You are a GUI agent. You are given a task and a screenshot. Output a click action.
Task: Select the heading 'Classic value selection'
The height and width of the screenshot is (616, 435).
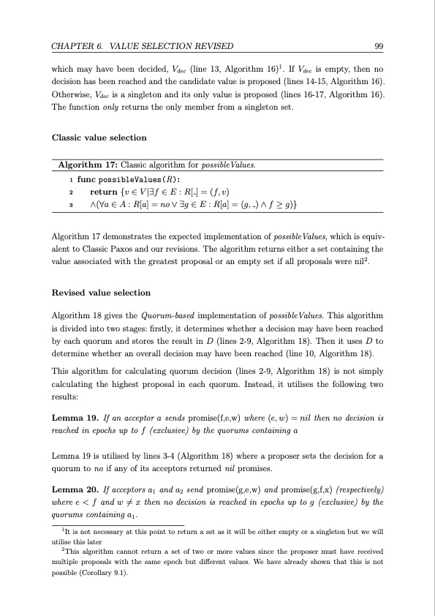[99, 138]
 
